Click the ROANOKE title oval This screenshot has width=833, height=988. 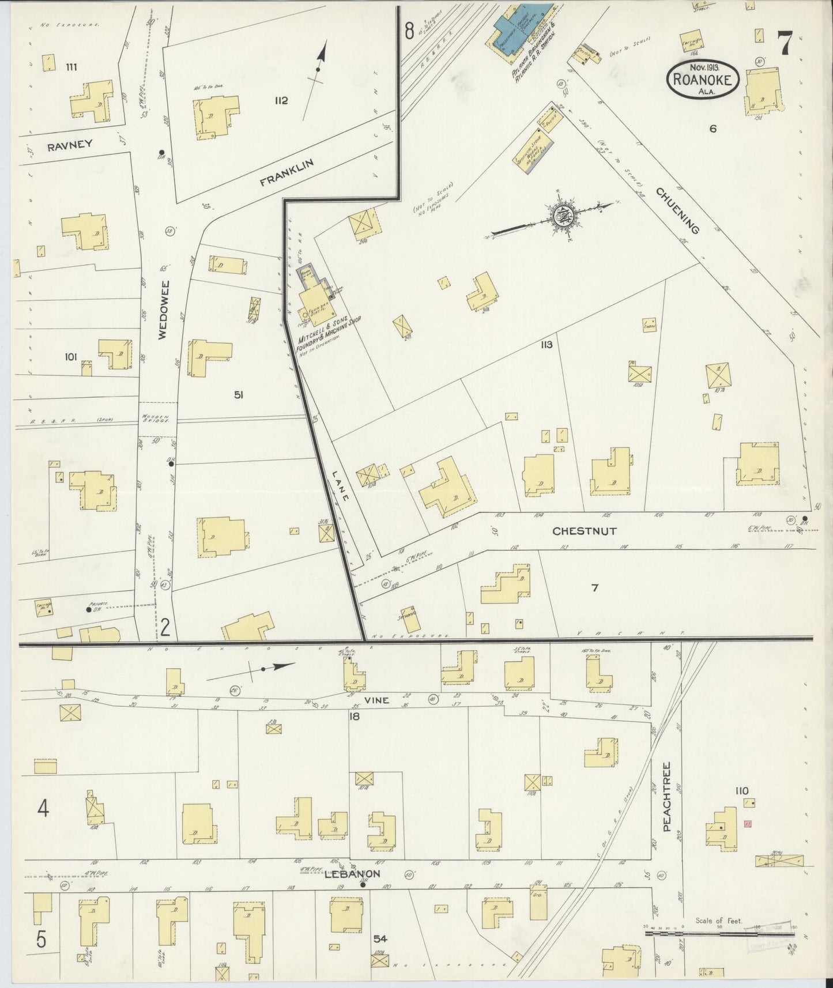click(703, 80)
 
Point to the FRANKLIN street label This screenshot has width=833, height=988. click(287, 172)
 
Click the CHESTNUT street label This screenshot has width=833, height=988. click(584, 531)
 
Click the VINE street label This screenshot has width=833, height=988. click(376, 700)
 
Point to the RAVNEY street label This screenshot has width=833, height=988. click(70, 145)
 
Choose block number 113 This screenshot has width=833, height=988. click(546, 345)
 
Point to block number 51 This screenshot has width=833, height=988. click(239, 394)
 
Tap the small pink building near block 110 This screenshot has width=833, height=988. click(748, 824)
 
